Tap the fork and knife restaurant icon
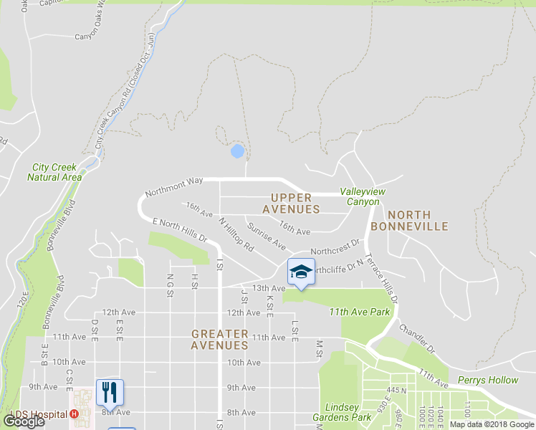110,392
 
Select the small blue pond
237,151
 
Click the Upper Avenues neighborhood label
291,203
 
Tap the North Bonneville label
418,220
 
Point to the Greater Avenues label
220,339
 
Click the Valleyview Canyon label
359,196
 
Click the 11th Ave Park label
360,312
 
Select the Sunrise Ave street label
267,236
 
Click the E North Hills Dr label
179,230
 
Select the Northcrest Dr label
335,247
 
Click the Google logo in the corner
24,421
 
